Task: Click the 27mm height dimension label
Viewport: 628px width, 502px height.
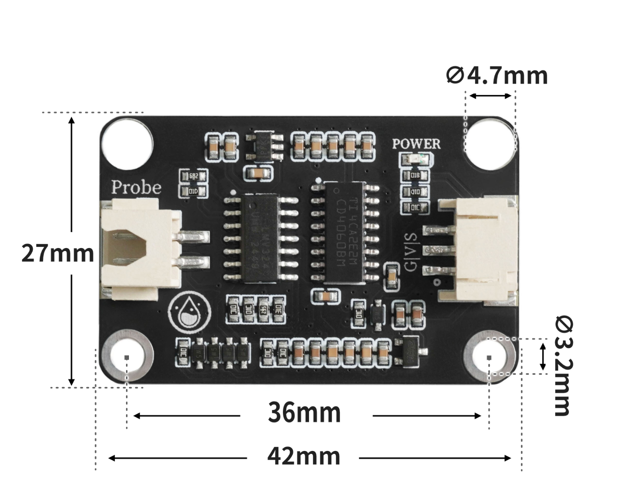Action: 57,254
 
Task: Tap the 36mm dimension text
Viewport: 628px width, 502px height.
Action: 304,413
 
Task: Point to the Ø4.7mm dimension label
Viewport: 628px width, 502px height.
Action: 497,76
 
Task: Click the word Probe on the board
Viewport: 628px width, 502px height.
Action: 136,188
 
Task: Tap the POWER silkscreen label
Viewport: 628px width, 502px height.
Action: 416,144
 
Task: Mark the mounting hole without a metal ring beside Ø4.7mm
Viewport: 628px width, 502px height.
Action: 490,143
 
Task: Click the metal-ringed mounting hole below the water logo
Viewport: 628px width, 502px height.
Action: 127,357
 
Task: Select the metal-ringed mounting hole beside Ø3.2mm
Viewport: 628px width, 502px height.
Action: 489,357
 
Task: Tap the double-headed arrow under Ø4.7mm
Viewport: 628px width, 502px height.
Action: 490,96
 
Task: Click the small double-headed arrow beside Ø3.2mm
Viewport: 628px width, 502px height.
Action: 543,356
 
